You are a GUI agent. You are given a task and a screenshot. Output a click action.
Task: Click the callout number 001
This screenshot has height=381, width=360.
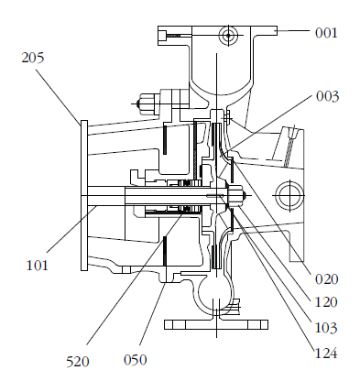click(x=326, y=33)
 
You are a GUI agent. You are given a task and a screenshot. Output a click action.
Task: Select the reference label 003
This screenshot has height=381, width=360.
click(x=327, y=96)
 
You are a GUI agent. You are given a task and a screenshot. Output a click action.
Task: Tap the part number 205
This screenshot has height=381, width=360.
click(x=33, y=58)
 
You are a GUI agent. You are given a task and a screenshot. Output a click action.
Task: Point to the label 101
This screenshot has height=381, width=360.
click(x=38, y=266)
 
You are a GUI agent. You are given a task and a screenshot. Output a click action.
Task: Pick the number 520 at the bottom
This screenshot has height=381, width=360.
click(x=78, y=362)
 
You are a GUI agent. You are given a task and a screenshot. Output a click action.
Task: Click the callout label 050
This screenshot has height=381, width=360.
click(x=135, y=360)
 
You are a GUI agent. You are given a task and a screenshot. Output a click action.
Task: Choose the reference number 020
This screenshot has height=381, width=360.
click(x=327, y=279)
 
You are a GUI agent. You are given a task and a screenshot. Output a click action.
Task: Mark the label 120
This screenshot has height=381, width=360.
click(x=326, y=302)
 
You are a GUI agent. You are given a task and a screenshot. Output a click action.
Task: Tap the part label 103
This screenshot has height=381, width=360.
click(x=326, y=328)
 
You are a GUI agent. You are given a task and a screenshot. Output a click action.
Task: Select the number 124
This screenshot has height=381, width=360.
click(x=326, y=354)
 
